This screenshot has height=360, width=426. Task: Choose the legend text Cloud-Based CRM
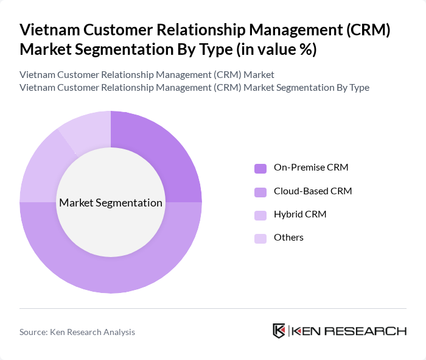(x=313, y=191)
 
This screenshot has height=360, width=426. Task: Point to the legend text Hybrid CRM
(x=300, y=214)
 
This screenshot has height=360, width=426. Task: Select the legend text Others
(x=288, y=238)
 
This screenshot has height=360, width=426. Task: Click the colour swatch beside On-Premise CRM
(x=260, y=168)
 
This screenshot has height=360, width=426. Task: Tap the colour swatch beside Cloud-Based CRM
(x=260, y=192)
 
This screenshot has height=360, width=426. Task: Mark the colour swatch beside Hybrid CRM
(x=260, y=215)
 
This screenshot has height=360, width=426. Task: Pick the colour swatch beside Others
(x=260, y=238)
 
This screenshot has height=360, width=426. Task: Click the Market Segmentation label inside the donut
(x=111, y=203)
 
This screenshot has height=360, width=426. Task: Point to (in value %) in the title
(x=273, y=49)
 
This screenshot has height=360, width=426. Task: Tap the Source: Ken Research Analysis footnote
(x=77, y=332)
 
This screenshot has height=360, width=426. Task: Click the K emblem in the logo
(x=279, y=331)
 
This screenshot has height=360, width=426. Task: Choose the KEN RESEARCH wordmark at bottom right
(x=349, y=331)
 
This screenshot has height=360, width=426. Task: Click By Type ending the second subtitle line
(x=352, y=87)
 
